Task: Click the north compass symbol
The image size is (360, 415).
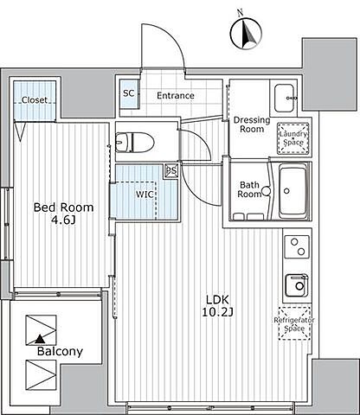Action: pos(246,33)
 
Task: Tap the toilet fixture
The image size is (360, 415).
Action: pos(135,142)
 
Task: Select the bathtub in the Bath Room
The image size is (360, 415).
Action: pos(292,191)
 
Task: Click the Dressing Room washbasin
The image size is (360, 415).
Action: pos(285,98)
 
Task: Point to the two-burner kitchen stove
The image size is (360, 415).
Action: pos(297,246)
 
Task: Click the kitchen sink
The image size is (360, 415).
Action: pos(297,285)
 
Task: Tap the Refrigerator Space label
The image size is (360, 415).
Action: pos(294,324)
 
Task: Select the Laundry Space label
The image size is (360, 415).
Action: pos(293,138)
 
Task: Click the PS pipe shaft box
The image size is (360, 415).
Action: pos(172,170)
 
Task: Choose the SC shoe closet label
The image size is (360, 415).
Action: pos(129,93)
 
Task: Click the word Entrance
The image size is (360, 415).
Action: pos(176,95)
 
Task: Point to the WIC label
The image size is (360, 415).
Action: pos(145,195)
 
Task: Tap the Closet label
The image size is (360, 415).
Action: pos(35,100)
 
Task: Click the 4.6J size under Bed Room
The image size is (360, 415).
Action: pos(63,220)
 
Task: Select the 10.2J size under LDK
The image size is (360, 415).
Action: pos(217,312)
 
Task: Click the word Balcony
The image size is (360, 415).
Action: pos(60,351)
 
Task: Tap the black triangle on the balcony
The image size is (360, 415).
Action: pos(40,340)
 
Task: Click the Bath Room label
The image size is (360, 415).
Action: pos(249,189)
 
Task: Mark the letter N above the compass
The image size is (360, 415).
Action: pos(240,12)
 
